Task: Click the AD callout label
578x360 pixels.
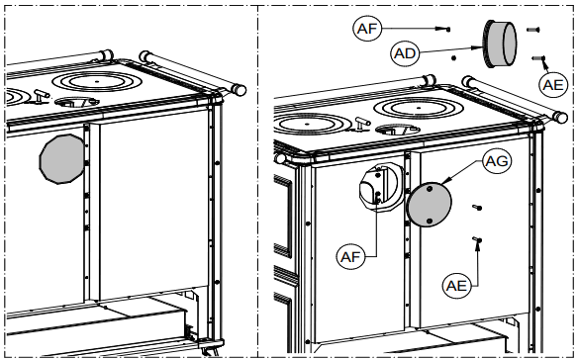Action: (405, 51)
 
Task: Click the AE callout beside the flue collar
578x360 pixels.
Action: (554, 85)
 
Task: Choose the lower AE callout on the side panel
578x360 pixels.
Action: (456, 284)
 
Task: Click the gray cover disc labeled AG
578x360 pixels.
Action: (430, 204)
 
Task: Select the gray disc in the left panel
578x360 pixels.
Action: (62, 160)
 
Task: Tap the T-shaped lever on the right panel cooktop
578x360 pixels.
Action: (359, 124)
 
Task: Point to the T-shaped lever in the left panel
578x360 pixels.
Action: (39, 95)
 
